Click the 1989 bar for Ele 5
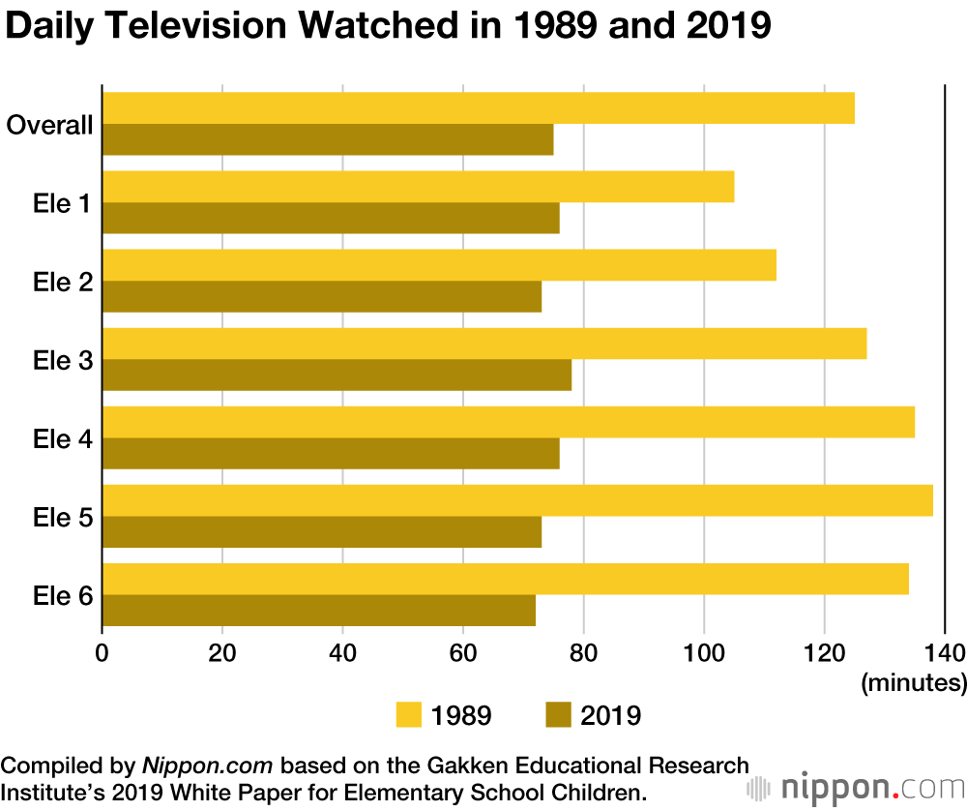click(x=517, y=500)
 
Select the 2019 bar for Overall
click(x=328, y=140)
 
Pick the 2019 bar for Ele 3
click(x=337, y=375)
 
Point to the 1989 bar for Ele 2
click(x=439, y=265)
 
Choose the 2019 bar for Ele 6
click(x=318, y=611)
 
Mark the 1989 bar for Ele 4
click(x=508, y=422)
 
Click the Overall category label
click(x=49, y=125)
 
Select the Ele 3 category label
click(x=63, y=361)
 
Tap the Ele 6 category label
click(x=63, y=595)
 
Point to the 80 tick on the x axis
click(x=583, y=650)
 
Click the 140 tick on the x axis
click(x=944, y=650)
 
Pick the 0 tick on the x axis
click(x=103, y=650)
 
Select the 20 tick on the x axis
click(x=222, y=650)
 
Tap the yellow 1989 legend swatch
click(x=410, y=715)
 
